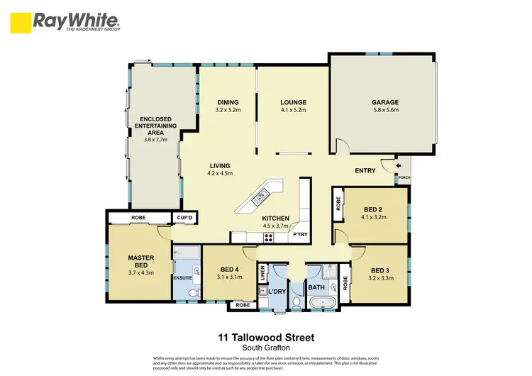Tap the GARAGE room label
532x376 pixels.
coord(385,102)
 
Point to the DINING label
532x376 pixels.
coord(227,102)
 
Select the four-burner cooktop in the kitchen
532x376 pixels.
coord(270,236)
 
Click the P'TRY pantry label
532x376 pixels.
coord(309,233)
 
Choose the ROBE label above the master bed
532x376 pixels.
coord(138,218)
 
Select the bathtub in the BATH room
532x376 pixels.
coord(323,303)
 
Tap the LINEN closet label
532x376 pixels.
coord(262,272)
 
